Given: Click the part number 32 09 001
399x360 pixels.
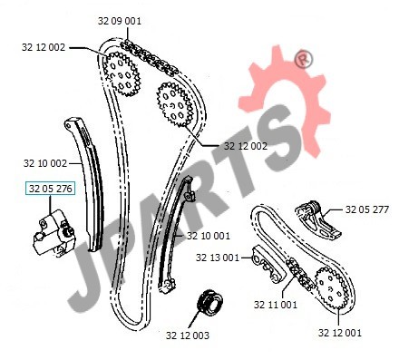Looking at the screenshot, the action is pos(120,21).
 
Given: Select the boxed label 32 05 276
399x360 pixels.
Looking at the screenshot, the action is pos(50,189).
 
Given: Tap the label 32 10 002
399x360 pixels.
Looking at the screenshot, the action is pos(45,163).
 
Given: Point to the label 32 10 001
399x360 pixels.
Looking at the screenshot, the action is pos(209,236).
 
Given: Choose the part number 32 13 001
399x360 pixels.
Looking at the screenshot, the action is pos(218,258).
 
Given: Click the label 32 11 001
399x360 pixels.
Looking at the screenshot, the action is pos(276,305).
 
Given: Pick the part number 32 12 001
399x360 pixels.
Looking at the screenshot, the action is pos(340,333).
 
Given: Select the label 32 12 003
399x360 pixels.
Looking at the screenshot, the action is pos(188,336).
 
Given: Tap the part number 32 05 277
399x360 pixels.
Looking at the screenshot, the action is pos(367,209).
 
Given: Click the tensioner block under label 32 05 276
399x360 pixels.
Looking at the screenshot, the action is pos(53,234).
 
